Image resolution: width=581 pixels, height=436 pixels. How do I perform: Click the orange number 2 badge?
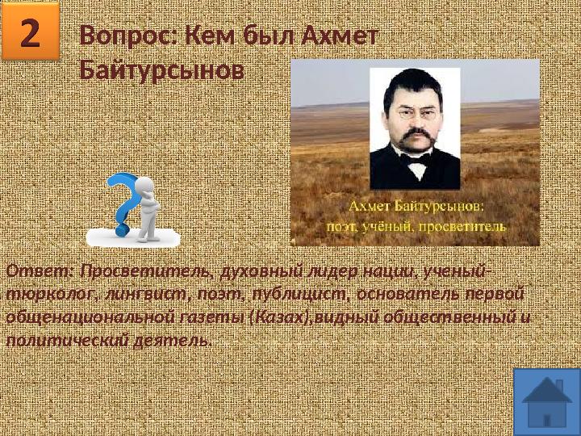pyautogui.click(x=31, y=32)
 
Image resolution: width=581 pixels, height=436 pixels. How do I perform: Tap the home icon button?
pyautogui.click(x=546, y=401)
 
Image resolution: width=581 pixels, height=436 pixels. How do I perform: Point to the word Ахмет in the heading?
pyautogui.click(x=340, y=37)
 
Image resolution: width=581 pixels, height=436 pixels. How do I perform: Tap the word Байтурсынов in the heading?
pyautogui.click(x=161, y=71)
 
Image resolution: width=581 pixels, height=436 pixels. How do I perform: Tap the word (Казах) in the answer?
pyautogui.click(x=280, y=317)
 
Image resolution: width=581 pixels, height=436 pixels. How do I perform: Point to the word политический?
pyautogui.click(x=63, y=340)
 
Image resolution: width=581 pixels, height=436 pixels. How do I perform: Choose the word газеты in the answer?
pyautogui.click(x=206, y=317)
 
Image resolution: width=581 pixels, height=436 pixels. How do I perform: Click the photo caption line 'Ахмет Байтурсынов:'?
pyautogui.click(x=414, y=208)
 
